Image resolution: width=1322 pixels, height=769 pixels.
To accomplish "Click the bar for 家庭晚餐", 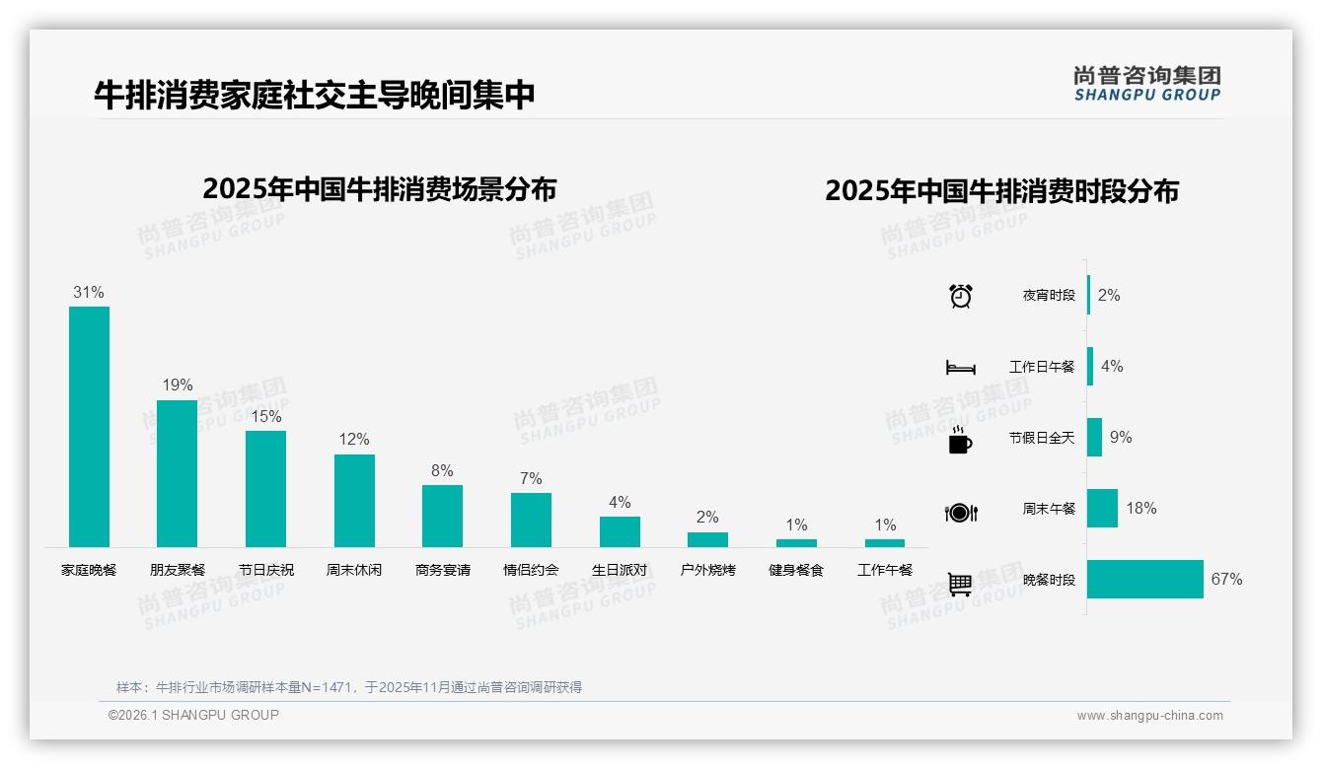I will click(x=89, y=426).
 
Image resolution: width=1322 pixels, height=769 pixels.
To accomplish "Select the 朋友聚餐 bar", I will click(x=178, y=473).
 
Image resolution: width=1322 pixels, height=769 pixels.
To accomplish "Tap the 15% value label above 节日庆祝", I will click(x=266, y=417).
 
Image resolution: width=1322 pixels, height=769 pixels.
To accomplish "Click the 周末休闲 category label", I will click(x=354, y=570).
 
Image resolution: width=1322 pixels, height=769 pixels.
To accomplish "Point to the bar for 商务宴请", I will click(x=442, y=516).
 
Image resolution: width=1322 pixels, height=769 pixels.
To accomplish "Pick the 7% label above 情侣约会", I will click(x=531, y=479).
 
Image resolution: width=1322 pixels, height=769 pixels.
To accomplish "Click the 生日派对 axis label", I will click(x=620, y=570).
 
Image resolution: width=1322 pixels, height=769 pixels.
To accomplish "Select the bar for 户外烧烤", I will click(x=707, y=539).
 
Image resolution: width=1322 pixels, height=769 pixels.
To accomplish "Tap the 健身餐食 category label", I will click(x=796, y=570).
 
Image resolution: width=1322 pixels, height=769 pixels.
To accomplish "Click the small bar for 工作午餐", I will click(x=885, y=543).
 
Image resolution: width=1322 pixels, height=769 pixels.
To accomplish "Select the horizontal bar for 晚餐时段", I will click(x=1145, y=580).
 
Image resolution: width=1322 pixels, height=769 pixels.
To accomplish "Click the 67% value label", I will click(x=1226, y=580).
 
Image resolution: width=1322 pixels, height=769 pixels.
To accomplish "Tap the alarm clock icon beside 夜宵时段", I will click(x=961, y=296).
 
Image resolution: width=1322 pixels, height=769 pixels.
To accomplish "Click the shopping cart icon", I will click(x=960, y=584).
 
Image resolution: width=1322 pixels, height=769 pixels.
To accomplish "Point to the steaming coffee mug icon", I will click(x=960, y=441).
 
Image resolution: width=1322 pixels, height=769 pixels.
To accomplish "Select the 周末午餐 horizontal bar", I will click(x=1103, y=509).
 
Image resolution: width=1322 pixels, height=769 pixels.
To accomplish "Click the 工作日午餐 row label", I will click(x=1042, y=367).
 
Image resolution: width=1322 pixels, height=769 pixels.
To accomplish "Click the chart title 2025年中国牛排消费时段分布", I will click(x=1001, y=191).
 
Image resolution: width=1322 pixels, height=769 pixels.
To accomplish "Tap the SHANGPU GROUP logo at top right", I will click(x=1147, y=84).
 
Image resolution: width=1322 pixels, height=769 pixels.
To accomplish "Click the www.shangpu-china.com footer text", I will click(x=1149, y=716).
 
